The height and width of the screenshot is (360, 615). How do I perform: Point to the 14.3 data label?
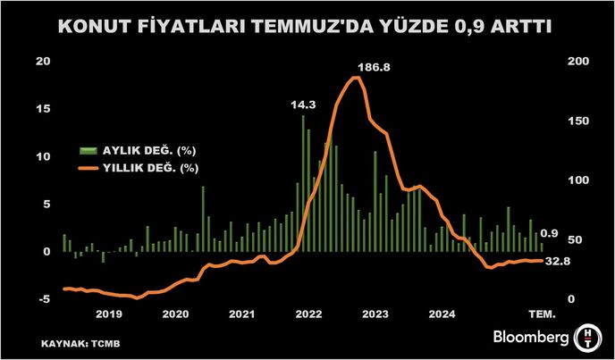point(303,104)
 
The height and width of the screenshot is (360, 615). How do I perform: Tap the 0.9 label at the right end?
point(551,234)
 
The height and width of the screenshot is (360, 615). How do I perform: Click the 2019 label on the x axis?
point(108,314)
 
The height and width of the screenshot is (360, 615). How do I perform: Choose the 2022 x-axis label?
point(309,314)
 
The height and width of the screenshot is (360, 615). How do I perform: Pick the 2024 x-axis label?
point(442,314)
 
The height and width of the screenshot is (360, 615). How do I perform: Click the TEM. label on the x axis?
point(541,314)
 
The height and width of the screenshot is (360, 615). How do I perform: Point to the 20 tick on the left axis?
point(43,62)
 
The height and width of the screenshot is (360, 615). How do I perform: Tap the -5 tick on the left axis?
point(43,299)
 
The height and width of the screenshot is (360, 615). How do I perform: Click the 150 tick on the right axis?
point(579,121)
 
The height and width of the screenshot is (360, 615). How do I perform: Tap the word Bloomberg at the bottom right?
point(531,337)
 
